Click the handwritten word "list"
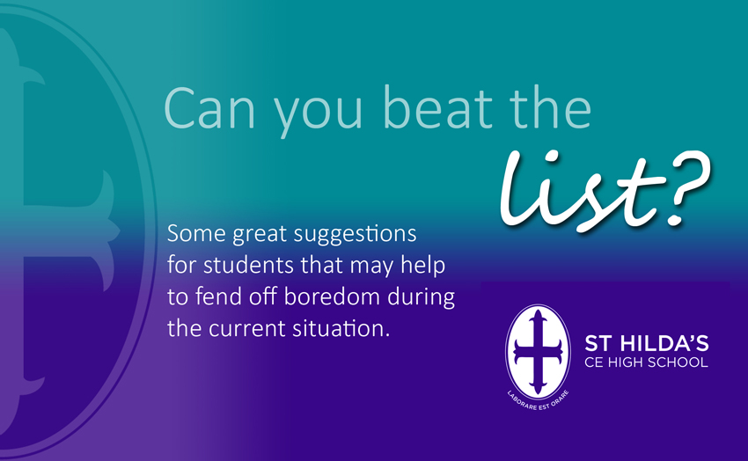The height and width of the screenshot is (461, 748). click(x=582, y=191)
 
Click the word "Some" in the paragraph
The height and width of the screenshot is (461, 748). click(x=196, y=234)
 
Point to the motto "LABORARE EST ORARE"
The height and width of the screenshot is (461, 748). click(x=538, y=401)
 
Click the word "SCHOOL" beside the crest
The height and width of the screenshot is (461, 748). click(x=678, y=362)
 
